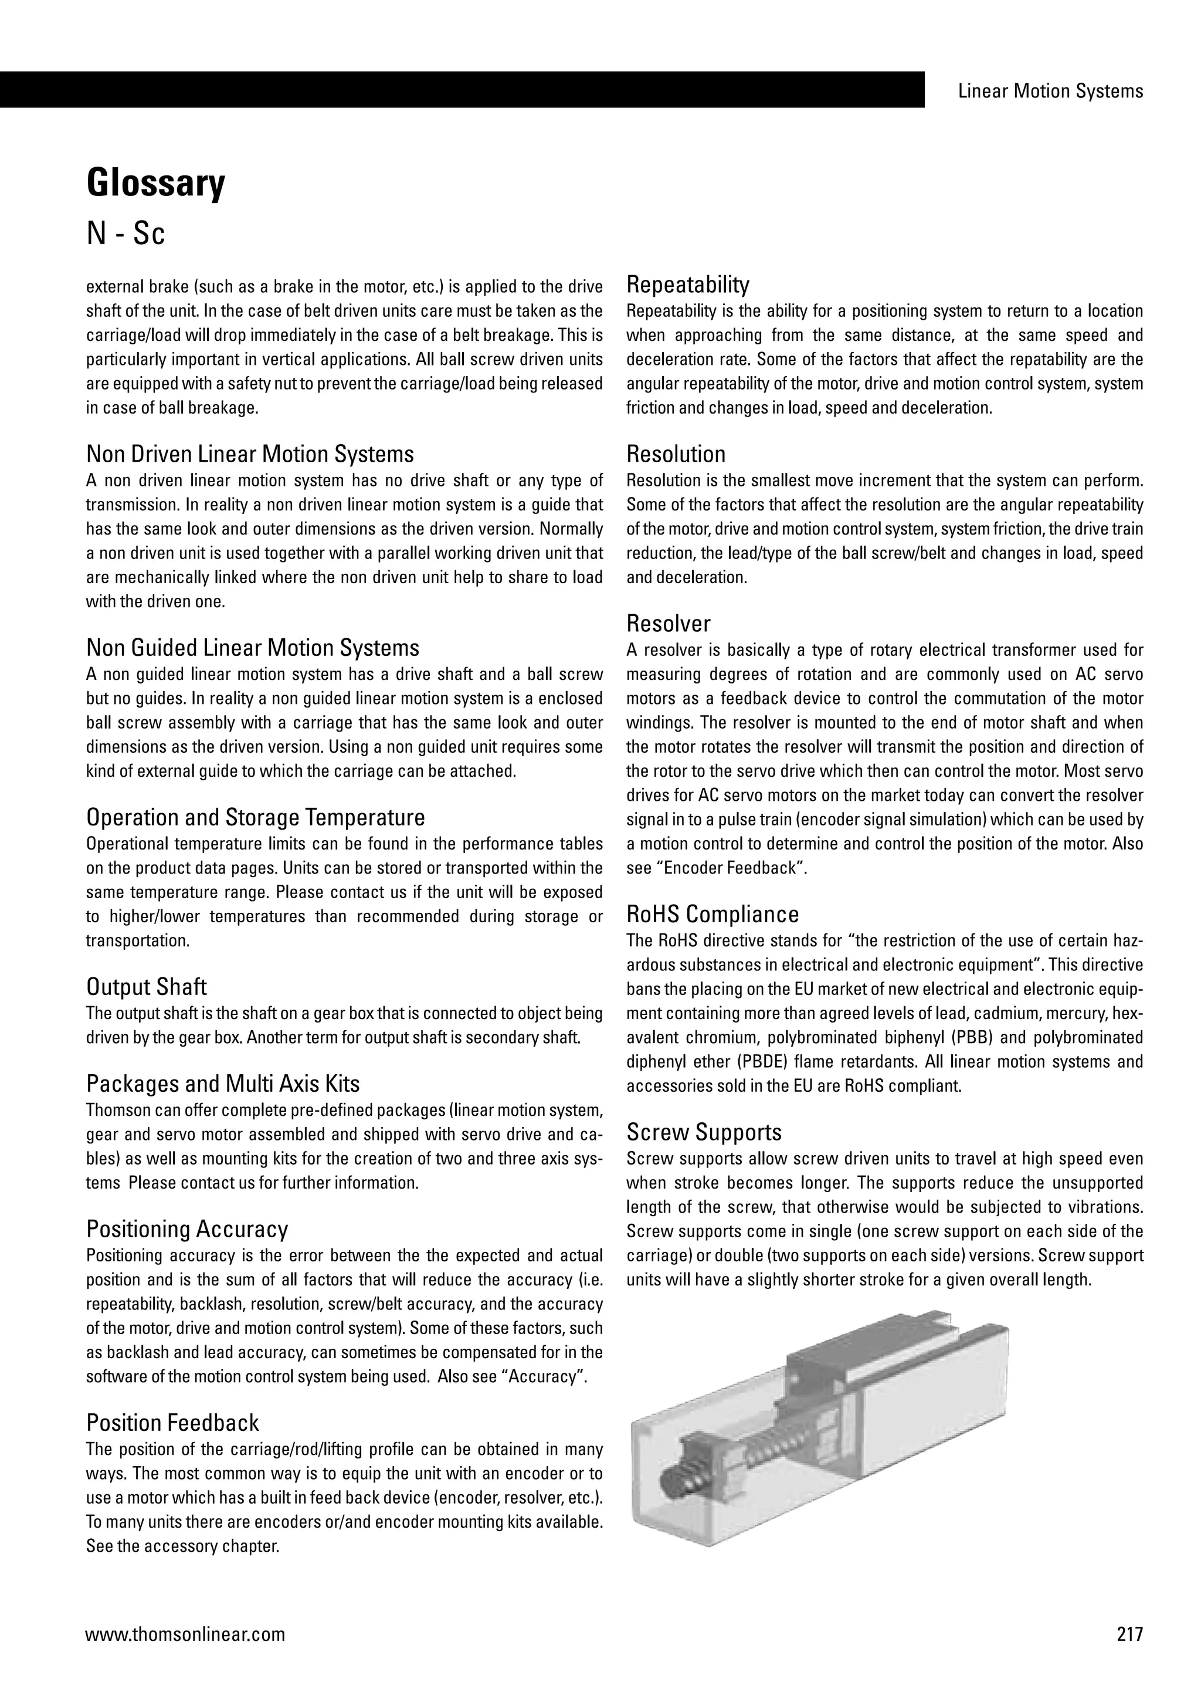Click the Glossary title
click(x=155, y=184)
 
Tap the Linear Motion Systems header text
click(x=1050, y=91)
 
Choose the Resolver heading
click(x=669, y=623)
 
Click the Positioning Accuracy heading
click(x=187, y=1228)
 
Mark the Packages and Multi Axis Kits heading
click(x=223, y=1084)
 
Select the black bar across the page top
click(x=462, y=90)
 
